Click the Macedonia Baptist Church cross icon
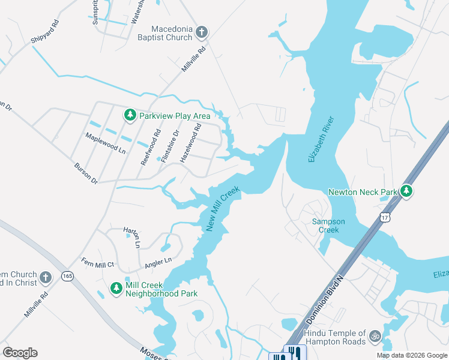pyautogui.click(x=202, y=32)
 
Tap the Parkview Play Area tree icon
pyautogui.click(x=130, y=115)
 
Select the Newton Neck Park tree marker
pyautogui.click(x=407, y=191)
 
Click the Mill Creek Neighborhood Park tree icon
pyautogui.click(x=116, y=289)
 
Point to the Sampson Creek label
pyautogui.click(x=328, y=226)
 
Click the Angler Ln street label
pyautogui.click(x=158, y=262)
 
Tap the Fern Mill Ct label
pyautogui.click(x=97, y=262)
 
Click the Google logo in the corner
pyautogui.click(x=20, y=353)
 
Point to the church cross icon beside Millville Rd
pyautogui.click(x=46, y=278)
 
